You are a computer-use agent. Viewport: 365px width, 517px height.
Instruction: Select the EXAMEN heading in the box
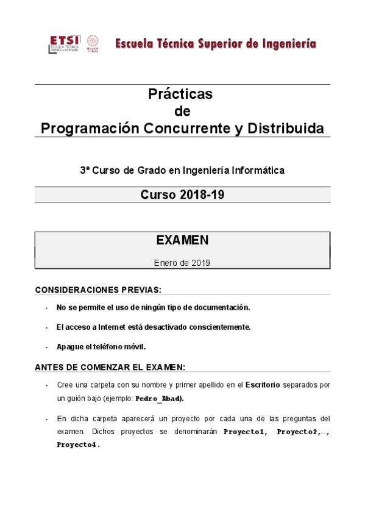tap(182, 240)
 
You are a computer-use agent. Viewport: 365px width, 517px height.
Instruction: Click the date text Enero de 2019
tap(182, 263)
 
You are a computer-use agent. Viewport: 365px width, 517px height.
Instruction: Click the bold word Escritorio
tap(263, 385)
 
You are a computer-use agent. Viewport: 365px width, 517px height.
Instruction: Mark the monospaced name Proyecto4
tap(77, 444)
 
